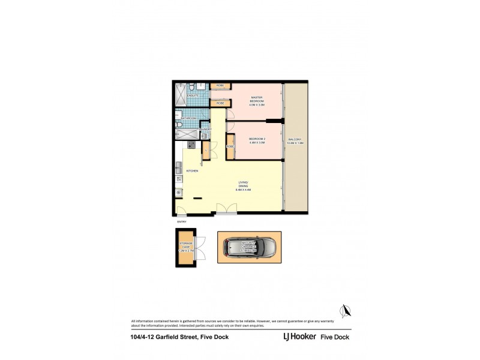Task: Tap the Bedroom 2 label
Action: pyautogui.click(x=257, y=140)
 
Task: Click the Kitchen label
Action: pyautogui.click(x=192, y=171)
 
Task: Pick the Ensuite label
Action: pyautogui.click(x=193, y=96)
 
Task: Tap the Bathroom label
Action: pyautogui.click(x=188, y=119)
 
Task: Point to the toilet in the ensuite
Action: pyautogui.click(x=191, y=86)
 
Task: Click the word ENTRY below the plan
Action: pyautogui.click(x=181, y=221)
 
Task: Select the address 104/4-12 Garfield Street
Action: pyautogui.click(x=170, y=337)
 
